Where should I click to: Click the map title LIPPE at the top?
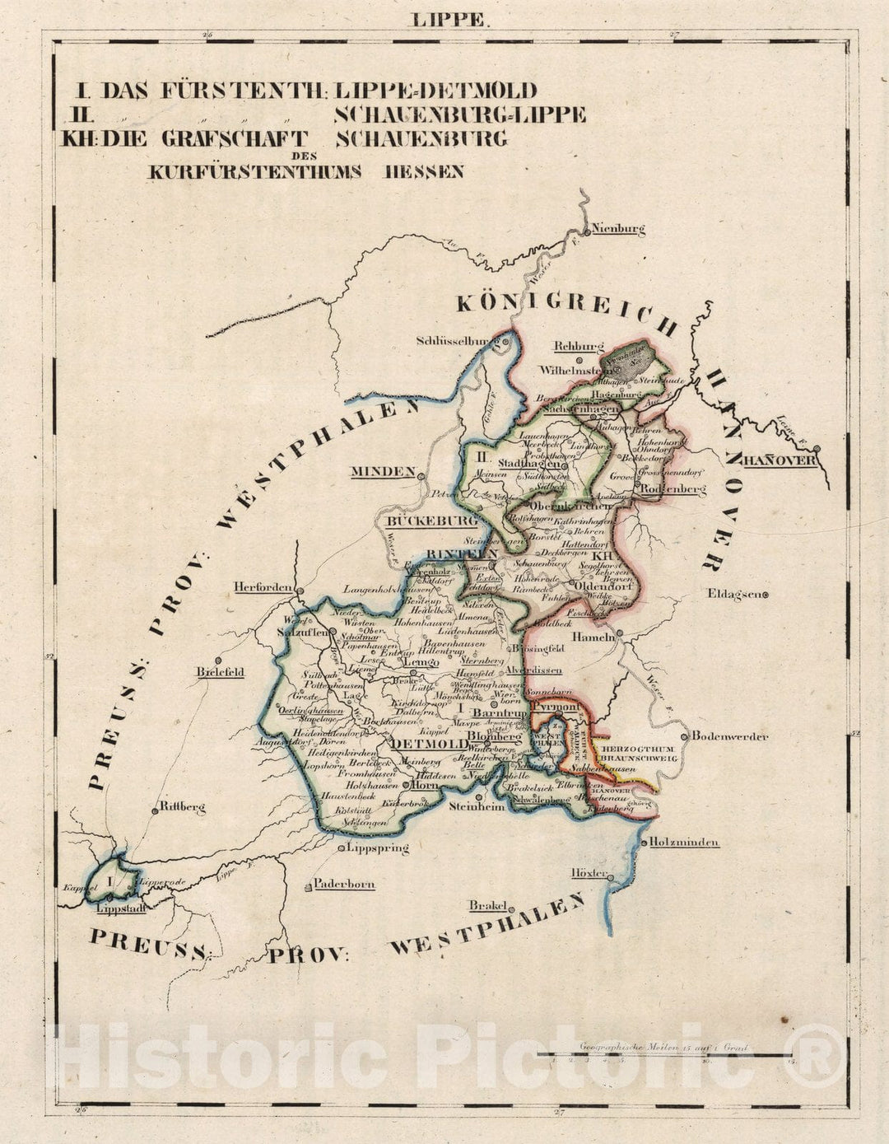(449, 20)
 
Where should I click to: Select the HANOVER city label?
(780, 460)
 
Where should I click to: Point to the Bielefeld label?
(220, 671)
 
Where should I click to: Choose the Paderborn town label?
(343, 884)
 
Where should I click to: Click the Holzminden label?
(684, 842)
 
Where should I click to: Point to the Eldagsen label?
(734, 594)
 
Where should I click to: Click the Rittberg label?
(183, 808)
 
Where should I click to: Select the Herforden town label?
(263, 587)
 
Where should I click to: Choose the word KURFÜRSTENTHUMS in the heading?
(257, 172)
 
